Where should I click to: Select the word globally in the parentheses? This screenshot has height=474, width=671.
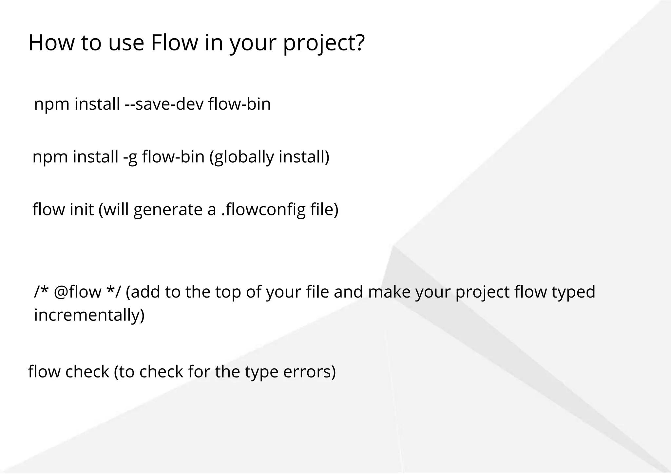244,156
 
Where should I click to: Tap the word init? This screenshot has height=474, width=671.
82,209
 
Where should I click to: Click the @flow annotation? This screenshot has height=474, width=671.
77,292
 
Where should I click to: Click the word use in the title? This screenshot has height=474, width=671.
126,43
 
